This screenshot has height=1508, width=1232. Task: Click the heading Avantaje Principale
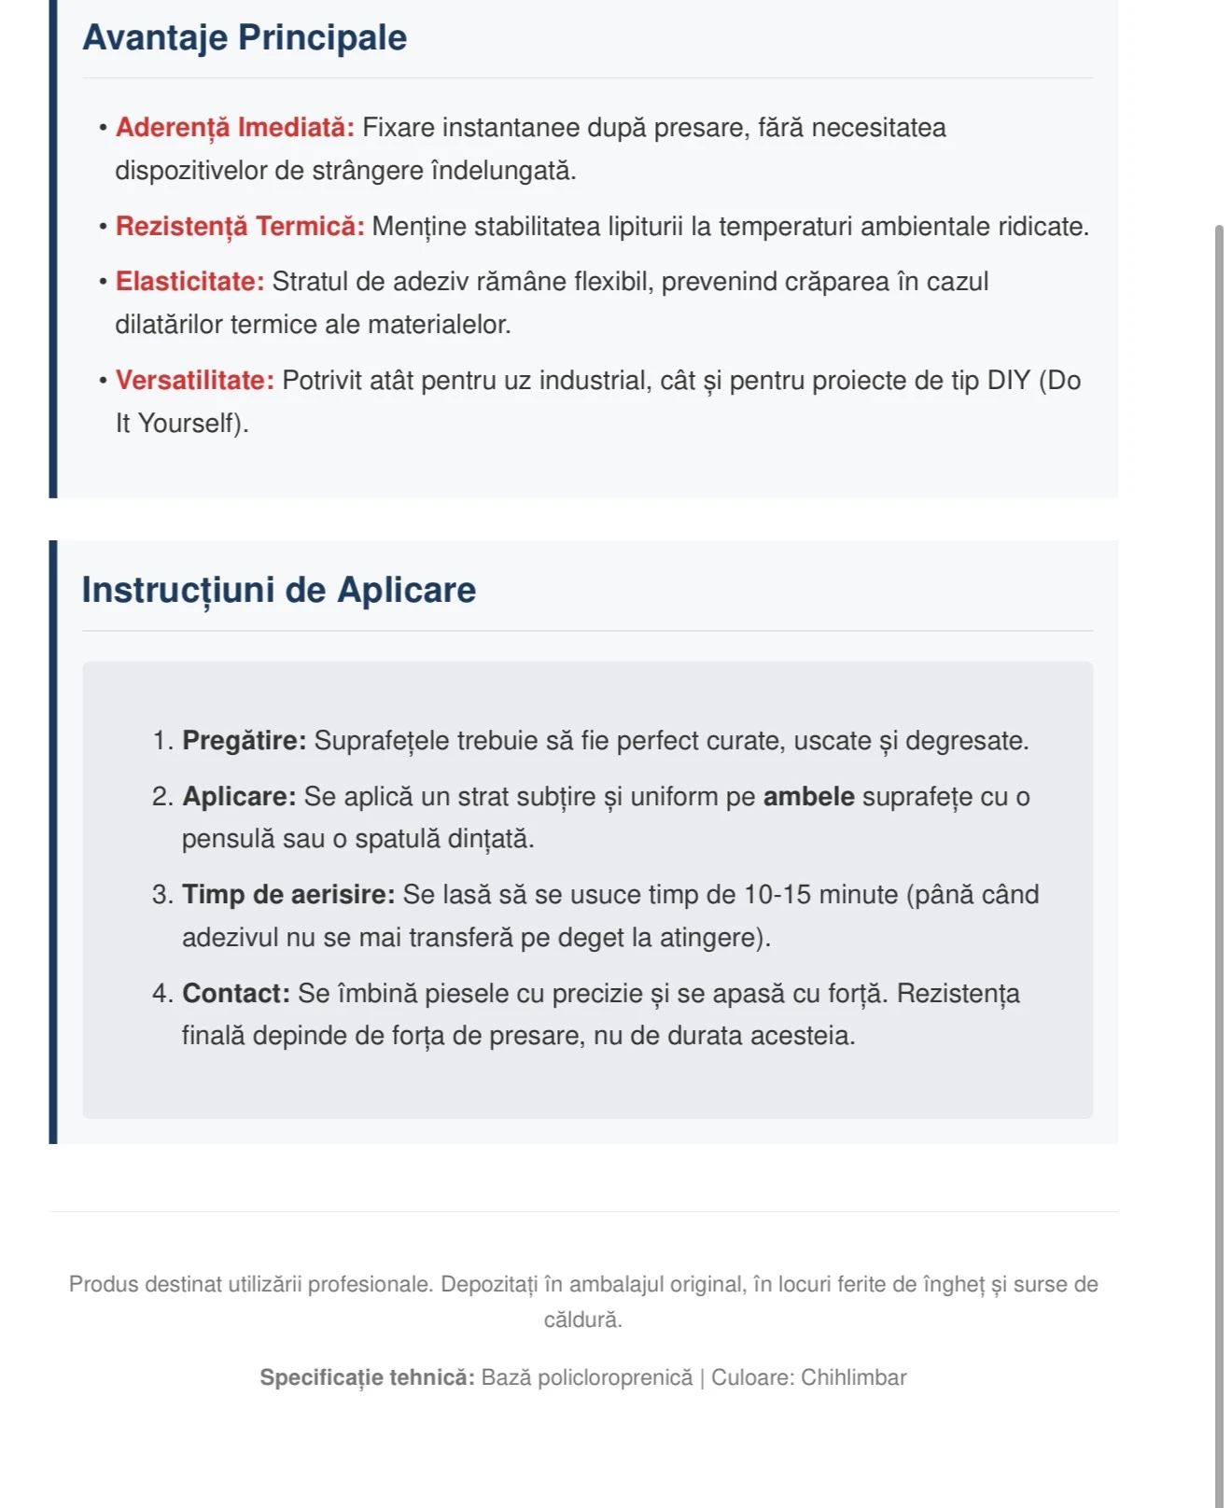(x=245, y=37)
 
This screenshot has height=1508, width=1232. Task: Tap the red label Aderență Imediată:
(x=234, y=128)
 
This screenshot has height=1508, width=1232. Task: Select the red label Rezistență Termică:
(x=240, y=227)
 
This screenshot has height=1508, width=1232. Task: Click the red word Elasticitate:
(x=189, y=282)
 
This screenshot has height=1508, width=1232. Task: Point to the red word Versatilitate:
(x=194, y=381)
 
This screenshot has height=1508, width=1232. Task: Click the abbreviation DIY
(x=1008, y=381)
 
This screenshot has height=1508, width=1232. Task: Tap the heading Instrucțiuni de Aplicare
(x=278, y=590)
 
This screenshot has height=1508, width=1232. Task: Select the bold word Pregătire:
(x=244, y=741)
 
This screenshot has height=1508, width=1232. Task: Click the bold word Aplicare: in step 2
(x=238, y=797)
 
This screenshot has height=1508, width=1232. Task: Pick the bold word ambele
(x=808, y=797)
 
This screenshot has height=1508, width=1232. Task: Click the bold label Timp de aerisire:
(x=288, y=895)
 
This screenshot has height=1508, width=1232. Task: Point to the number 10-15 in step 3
(x=777, y=895)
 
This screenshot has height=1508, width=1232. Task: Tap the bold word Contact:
(x=236, y=994)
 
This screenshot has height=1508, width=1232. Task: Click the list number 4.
(x=161, y=994)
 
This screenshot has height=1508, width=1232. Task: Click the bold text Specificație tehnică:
(x=367, y=1378)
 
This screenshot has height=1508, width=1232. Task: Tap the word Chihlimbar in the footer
(x=853, y=1378)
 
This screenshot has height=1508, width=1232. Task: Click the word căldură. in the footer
(x=583, y=1320)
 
